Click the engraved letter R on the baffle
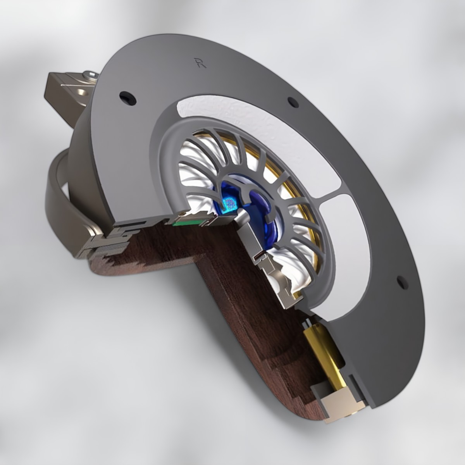[x=200, y=62]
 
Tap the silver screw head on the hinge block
[x=90, y=74]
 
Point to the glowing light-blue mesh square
[x=229, y=203]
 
